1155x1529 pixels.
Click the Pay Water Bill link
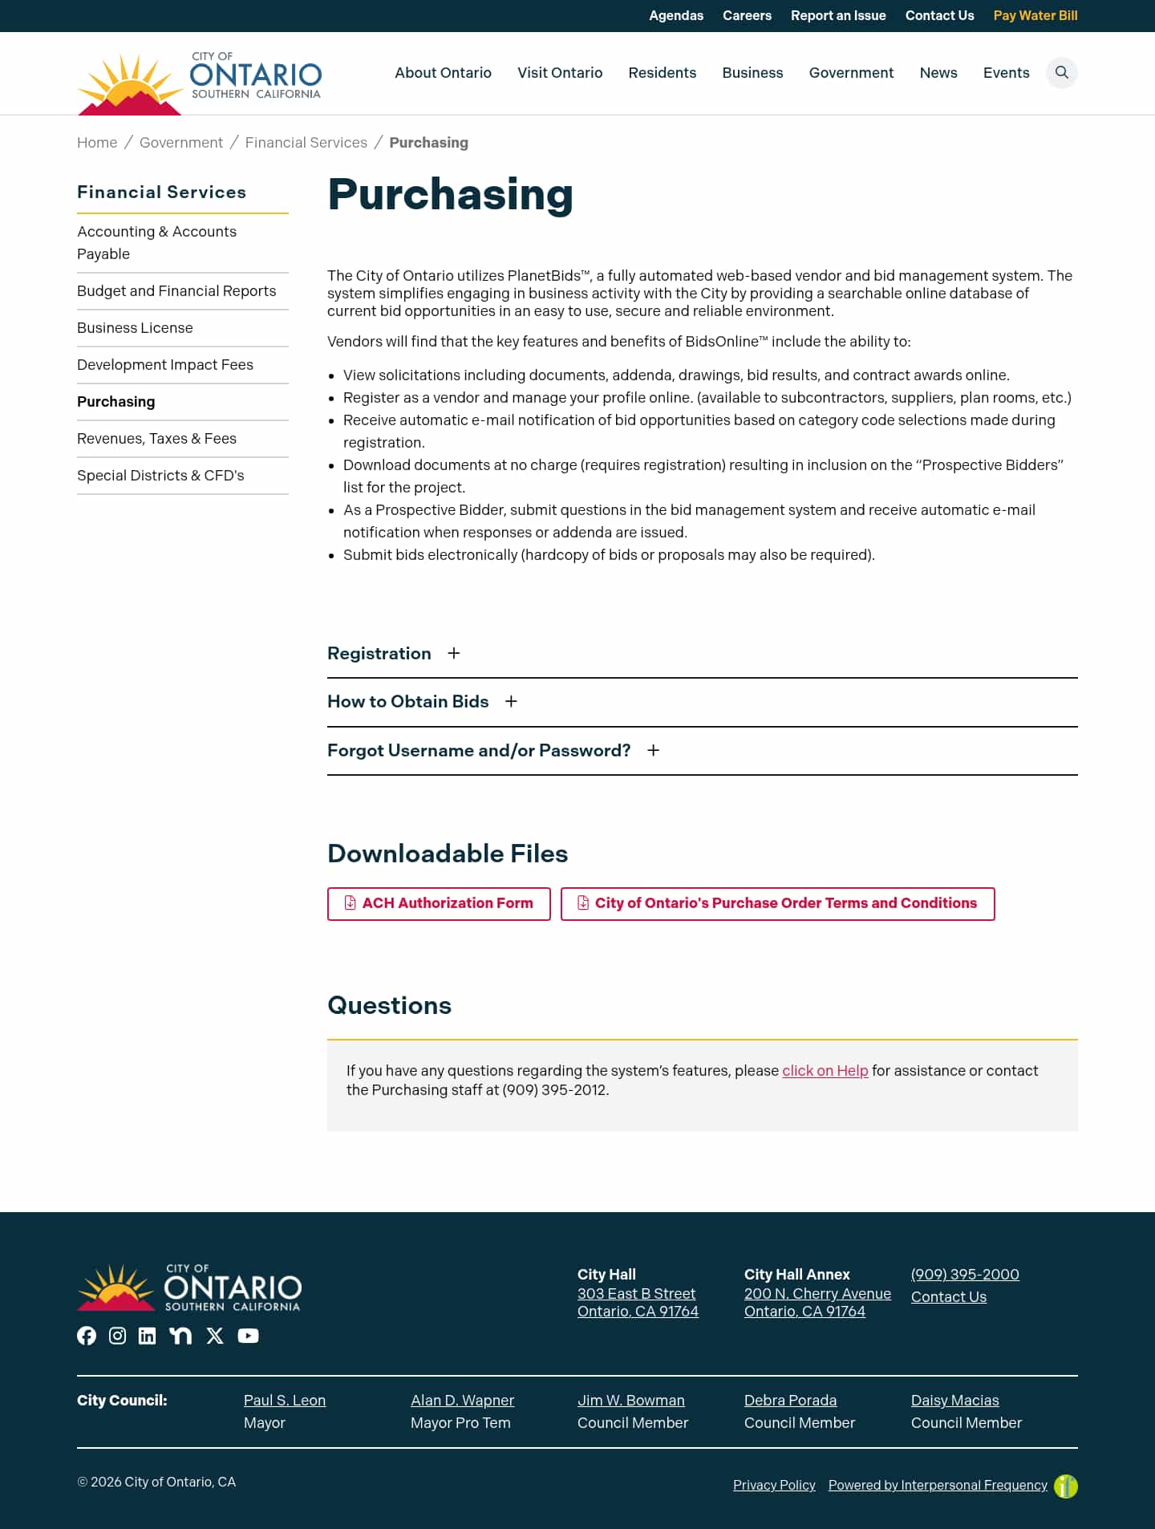coord(1035,15)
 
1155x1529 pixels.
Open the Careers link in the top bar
coord(747,15)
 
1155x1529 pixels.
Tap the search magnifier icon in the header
coord(1061,73)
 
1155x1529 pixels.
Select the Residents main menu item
coord(662,73)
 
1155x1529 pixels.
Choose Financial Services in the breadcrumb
coord(306,143)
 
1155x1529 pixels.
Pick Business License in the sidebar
coord(135,328)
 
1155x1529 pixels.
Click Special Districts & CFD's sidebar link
coord(160,476)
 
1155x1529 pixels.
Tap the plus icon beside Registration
coord(454,654)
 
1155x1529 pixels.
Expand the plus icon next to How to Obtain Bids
coord(511,702)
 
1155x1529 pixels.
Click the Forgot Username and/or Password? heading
coord(479,751)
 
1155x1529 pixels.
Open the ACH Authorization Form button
coord(439,903)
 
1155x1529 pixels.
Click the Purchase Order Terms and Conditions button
coord(777,903)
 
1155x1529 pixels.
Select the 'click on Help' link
coord(825,1071)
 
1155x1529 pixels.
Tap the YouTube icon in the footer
coord(248,1336)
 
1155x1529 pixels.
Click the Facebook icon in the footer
coord(87,1336)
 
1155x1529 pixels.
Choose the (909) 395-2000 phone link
coord(965,1275)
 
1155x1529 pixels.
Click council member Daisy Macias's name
coord(954,1401)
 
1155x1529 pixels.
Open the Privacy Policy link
coord(774,1486)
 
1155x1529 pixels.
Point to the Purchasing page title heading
coord(450,194)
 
